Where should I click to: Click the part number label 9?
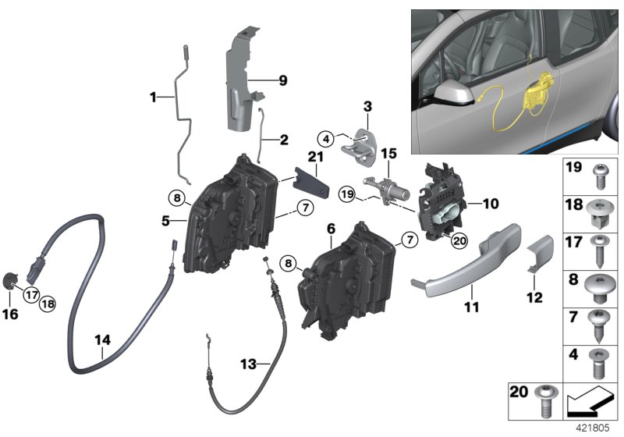click(x=283, y=80)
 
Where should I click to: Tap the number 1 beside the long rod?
click(x=154, y=97)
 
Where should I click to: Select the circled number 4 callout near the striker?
click(x=327, y=140)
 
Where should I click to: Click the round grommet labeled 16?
click(x=12, y=282)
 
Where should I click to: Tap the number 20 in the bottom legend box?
click(x=518, y=389)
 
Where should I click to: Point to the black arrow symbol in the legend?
click(x=589, y=405)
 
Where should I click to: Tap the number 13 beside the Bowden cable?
click(x=248, y=364)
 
